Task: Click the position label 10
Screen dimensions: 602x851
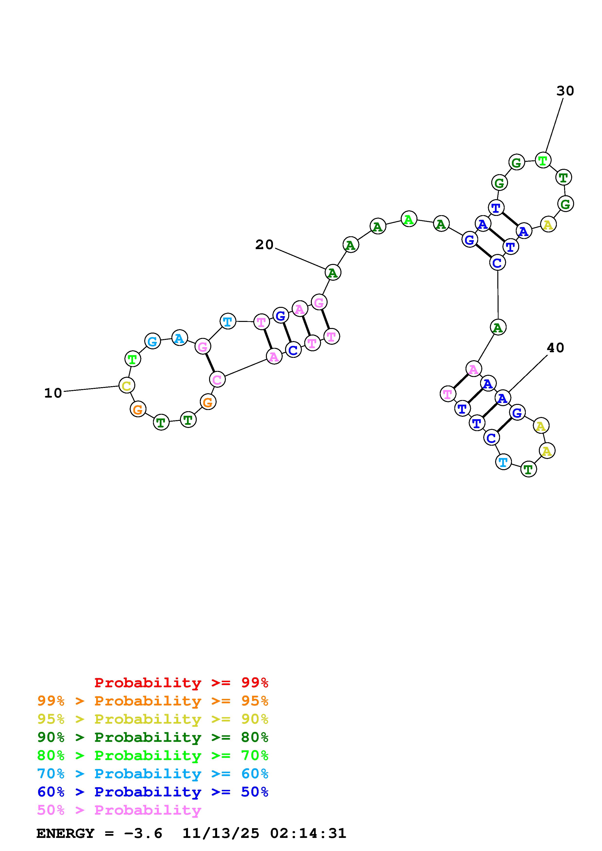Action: (x=53, y=393)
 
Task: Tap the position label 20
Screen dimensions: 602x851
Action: (x=264, y=245)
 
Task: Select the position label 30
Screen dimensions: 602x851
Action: (x=565, y=91)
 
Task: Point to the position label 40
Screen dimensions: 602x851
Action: (x=555, y=348)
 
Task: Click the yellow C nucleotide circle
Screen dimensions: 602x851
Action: (x=127, y=385)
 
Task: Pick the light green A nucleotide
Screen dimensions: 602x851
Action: (x=409, y=219)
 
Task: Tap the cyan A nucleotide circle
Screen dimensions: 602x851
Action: (x=179, y=338)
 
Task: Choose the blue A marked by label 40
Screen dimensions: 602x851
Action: (x=502, y=398)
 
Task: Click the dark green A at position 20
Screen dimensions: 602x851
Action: (x=333, y=272)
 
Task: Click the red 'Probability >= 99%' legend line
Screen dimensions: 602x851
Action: (x=181, y=683)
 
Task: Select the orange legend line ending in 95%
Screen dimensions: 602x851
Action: (x=153, y=701)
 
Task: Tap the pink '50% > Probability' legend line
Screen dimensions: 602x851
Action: (x=119, y=810)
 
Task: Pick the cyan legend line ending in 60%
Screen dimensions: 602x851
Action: (x=153, y=774)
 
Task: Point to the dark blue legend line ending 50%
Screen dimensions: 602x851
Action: (x=153, y=792)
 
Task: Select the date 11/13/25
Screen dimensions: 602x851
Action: (x=221, y=833)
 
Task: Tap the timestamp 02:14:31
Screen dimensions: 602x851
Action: (x=308, y=833)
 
